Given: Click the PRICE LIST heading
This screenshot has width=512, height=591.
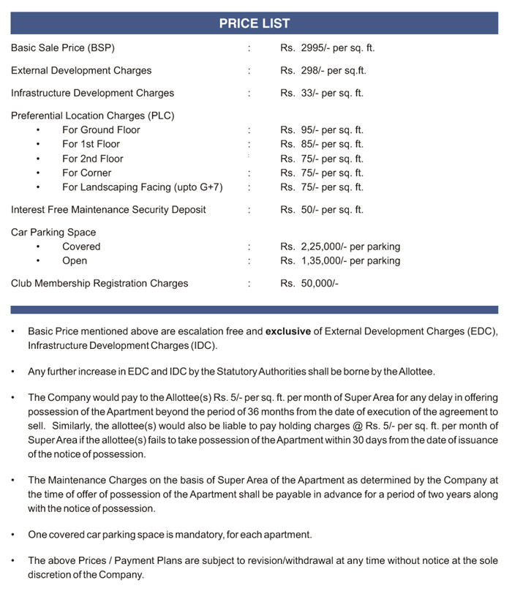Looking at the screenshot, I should [255, 23].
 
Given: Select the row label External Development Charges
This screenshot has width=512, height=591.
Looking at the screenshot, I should [81, 71].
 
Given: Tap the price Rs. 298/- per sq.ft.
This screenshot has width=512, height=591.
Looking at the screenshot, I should [323, 71].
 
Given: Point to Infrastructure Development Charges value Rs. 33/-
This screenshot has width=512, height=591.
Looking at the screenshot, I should [322, 93].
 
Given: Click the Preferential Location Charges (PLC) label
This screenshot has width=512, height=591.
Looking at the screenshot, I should [93, 116].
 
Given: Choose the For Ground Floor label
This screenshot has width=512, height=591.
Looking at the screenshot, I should [101, 129].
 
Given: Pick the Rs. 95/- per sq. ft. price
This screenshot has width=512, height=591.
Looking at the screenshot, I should [322, 129].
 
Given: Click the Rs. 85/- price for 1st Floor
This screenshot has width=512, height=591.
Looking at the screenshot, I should [322, 144].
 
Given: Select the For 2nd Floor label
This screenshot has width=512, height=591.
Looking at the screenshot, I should [93, 159].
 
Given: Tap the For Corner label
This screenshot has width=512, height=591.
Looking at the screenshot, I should [87, 173].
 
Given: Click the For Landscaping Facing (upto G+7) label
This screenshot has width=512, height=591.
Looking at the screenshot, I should [143, 187].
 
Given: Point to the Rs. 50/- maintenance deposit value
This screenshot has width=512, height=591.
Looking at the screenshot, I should [322, 210].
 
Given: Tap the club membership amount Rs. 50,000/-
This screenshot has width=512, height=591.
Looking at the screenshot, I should [309, 283].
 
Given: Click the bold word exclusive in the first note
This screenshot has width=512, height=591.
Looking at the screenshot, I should [287, 331].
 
